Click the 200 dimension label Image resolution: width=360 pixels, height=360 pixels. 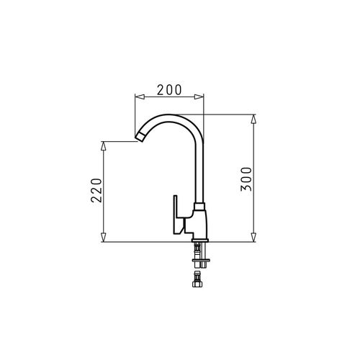point(169,90)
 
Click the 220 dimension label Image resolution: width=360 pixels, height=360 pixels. point(96,190)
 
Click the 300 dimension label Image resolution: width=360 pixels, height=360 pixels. point(246,179)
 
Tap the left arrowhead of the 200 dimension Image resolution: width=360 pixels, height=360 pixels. point(140,96)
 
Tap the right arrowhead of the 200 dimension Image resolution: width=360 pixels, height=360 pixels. point(199,96)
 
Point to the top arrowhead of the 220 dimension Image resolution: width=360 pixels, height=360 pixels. point(103,146)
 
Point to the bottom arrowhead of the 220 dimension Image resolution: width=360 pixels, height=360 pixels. point(103,237)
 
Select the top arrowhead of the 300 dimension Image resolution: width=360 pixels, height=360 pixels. point(253,119)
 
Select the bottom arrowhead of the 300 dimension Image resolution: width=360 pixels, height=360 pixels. point(253,237)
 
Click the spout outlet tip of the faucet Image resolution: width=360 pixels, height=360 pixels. point(140,138)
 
